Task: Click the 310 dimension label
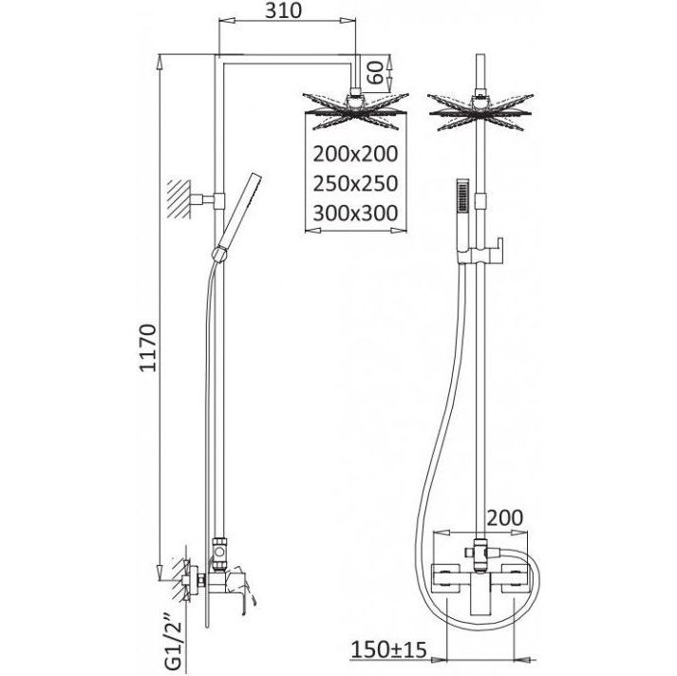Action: pyautogui.click(x=283, y=10)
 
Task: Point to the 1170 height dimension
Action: pyautogui.click(x=148, y=347)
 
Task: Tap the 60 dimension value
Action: pyautogui.click(x=375, y=72)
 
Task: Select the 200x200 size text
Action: pyautogui.click(x=355, y=154)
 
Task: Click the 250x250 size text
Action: pyautogui.click(x=355, y=183)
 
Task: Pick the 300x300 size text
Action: pyautogui.click(x=355, y=214)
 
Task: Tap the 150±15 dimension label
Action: pyautogui.click(x=388, y=649)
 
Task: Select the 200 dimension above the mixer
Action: pyautogui.click(x=505, y=517)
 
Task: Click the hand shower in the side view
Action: pyautogui.click(x=236, y=216)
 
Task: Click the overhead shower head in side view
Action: pyautogui.click(x=355, y=110)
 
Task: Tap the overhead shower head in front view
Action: pyautogui.click(x=480, y=111)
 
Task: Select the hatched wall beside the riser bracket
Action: pyautogui.click(x=179, y=199)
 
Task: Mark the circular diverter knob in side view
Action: pyautogui.click(x=219, y=553)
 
